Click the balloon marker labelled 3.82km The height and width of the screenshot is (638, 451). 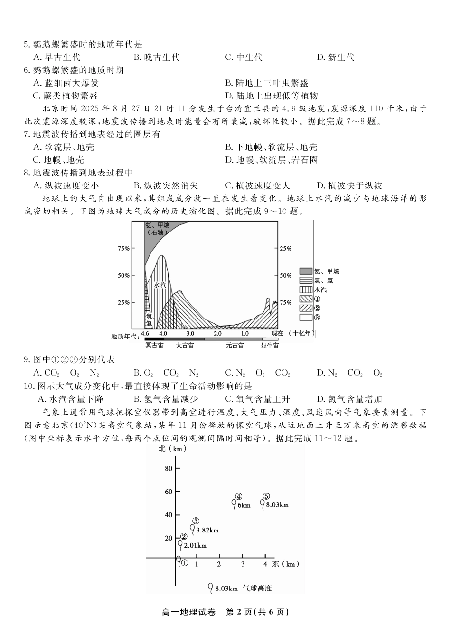click(x=192, y=528)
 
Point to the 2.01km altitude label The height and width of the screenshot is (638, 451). click(x=195, y=545)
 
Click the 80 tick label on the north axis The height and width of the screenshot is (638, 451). click(x=169, y=468)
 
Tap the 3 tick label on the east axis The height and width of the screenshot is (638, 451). click(x=243, y=564)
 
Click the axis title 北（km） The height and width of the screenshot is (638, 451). click(x=172, y=448)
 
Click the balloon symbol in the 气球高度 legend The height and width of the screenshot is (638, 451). click(x=210, y=588)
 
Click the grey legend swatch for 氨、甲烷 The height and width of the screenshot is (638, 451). click(x=305, y=271)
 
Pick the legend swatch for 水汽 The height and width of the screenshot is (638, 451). click(x=305, y=290)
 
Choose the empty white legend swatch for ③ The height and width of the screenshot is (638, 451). click(x=305, y=317)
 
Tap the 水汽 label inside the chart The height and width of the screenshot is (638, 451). click(x=160, y=285)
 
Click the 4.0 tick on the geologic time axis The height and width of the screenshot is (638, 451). click(x=163, y=334)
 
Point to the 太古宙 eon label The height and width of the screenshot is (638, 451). click(x=185, y=345)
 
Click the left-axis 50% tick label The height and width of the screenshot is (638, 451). click(x=123, y=275)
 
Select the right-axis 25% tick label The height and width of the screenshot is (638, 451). click(x=286, y=249)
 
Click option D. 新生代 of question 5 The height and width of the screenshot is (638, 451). click(x=336, y=58)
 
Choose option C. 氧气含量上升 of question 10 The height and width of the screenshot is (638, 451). click(x=257, y=399)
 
